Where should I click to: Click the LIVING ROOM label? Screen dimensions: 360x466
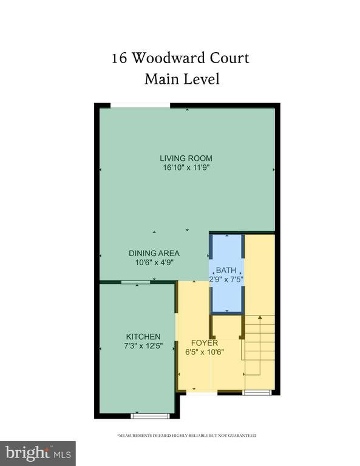point(186,158)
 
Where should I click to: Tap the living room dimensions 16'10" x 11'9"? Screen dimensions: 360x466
point(186,167)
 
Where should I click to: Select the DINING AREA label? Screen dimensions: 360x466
point(154,253)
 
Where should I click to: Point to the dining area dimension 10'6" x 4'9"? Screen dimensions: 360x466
point(154,262)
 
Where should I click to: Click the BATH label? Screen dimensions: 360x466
point(226,270)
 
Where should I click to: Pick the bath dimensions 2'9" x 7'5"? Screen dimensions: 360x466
point(226,279)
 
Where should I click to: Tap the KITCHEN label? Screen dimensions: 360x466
point(143,336)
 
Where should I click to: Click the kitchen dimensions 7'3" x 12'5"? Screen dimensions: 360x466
point(144,346)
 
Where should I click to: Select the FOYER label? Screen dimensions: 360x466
point(205,343)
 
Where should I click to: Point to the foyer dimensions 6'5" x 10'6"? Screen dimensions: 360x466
point(205,352)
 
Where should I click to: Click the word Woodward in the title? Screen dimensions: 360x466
point(168,58)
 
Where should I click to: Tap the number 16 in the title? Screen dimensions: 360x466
point(119,58)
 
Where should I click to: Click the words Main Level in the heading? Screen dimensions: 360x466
point(182,79)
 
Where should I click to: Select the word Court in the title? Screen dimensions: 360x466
point(229,58)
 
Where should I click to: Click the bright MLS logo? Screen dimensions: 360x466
point(38,453)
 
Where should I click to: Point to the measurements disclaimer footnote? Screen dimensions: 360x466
point(187,436)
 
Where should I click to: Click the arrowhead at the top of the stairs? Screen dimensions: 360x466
point(260,317)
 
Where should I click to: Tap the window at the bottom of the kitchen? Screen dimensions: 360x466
point(150,416)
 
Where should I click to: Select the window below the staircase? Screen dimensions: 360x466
point(257,393)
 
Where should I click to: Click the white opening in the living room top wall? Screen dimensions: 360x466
point(140,105)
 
